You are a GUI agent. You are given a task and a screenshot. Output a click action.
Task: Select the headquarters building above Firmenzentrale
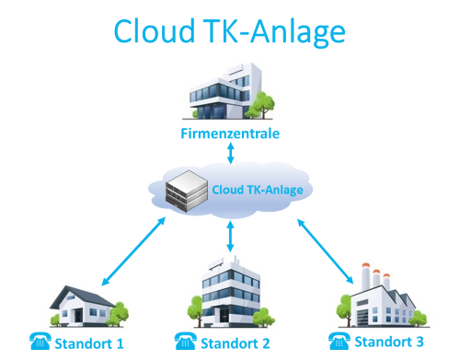coord(227,94)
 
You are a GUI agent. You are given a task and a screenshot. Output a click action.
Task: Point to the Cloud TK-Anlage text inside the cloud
coord(257,190)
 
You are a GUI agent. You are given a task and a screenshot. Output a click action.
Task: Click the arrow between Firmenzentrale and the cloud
coord(229,153)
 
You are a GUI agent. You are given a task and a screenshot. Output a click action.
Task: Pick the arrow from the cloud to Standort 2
coord(230,238)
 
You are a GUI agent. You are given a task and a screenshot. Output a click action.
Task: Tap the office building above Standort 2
coord(227,295)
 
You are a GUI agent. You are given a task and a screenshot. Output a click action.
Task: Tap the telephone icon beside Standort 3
coord(336,343)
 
